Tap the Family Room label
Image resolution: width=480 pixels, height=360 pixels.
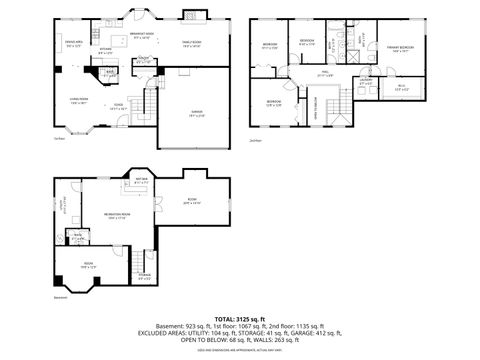coord(191,43)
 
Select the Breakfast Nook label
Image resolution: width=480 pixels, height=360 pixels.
coord(143,36)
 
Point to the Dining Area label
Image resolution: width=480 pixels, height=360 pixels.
coord(73,44)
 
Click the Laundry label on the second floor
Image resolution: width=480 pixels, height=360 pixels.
coord(367,82)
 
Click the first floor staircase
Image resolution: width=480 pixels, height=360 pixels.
coord(147,102)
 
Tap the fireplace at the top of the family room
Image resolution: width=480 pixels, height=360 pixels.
coord(191,15)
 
